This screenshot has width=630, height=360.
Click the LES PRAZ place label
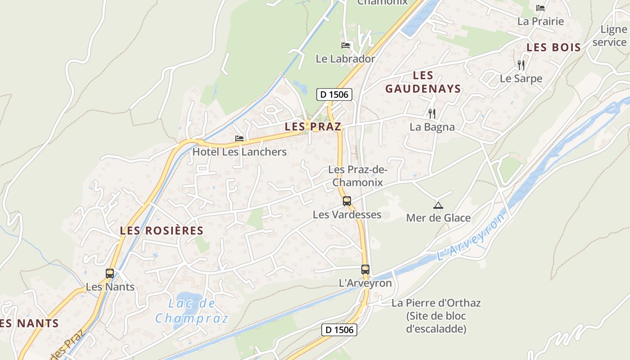pos(313,127)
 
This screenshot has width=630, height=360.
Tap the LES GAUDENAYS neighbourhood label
pos(423,82)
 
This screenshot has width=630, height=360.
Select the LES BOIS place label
pos(553,47)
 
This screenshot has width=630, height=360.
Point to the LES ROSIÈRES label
pos(162,231)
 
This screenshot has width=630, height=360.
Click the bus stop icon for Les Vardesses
pos(347,201)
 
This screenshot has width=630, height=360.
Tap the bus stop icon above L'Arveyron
pos(365,270)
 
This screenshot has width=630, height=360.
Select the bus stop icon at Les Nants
pos(110,273)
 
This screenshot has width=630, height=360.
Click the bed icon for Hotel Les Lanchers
pos(239,139)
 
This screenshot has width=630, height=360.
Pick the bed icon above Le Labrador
pos(346,45)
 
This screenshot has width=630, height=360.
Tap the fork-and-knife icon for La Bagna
pos(432,113)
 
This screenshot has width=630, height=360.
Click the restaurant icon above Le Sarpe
pos(521,65)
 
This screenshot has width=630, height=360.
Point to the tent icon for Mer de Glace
pos(438,206)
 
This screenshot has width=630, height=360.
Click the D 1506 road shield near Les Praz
pos(334,94)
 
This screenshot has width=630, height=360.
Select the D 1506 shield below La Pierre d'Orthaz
pos(340,330)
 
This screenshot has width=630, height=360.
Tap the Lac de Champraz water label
pos(192,311)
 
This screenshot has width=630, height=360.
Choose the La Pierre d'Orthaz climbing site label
pos(436,315)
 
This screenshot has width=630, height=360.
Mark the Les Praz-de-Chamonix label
pos(357,176)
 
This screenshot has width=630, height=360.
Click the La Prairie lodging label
pos(540,21)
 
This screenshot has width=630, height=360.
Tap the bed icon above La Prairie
pos(540,8)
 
